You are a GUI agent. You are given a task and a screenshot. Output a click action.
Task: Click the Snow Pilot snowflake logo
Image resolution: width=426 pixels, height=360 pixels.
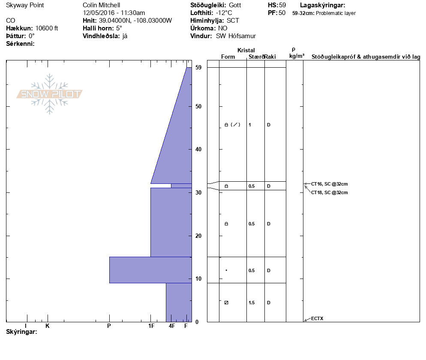click(x=49, y=94)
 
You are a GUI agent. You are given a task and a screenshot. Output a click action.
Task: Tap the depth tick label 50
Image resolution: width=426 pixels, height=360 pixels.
click(x=198, y=107)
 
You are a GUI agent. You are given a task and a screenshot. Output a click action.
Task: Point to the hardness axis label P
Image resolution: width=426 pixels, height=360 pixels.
click(x=109, y=326)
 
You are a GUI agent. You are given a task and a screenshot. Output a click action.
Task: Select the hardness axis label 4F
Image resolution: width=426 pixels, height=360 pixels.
click(x=172, y=326)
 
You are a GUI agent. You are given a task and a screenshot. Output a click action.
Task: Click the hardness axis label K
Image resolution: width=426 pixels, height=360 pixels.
click(x=47, y=326)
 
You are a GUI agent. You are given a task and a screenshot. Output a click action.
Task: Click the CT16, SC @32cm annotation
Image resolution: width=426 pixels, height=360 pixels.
click(x=329, y=184)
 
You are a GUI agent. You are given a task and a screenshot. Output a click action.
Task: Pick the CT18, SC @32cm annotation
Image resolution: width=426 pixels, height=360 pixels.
click(x=329, y=192)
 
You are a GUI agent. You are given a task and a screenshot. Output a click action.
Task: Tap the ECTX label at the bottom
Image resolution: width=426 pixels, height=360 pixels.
click(x=317, y=318)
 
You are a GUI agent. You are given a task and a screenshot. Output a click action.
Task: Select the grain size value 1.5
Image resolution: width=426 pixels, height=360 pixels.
click(x=252, y=303)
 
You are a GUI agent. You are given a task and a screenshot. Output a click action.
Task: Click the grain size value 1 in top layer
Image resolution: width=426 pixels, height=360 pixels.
click(x=250, y=125)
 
